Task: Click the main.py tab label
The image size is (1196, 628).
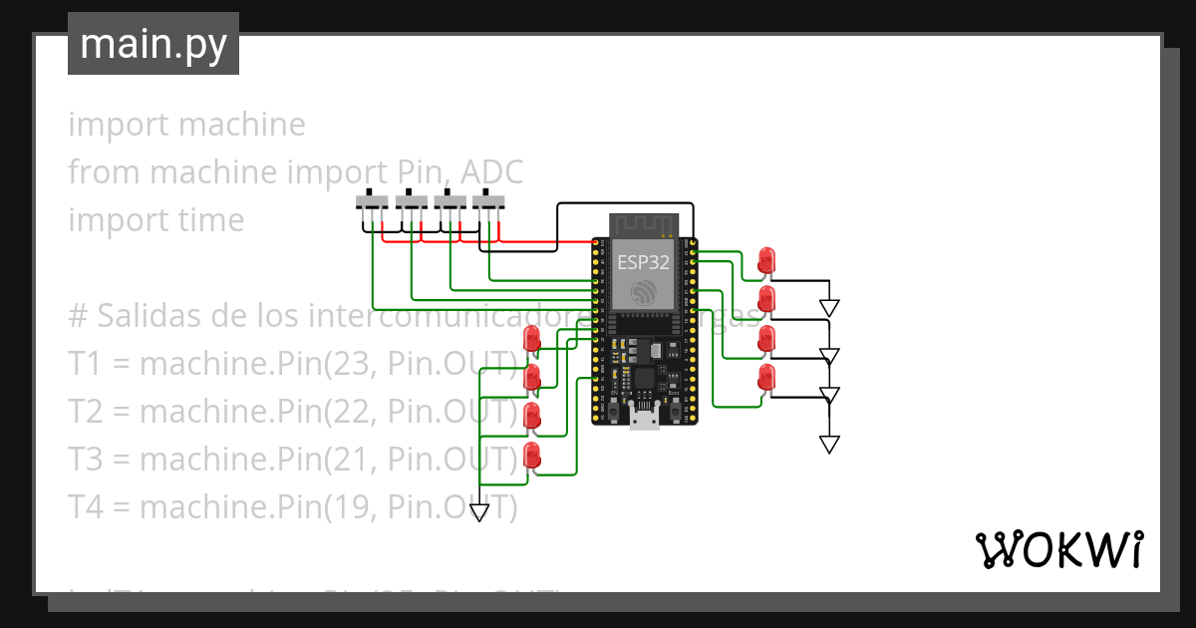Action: [x=153, y=44]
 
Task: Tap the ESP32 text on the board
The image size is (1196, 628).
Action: [x=643, y=262]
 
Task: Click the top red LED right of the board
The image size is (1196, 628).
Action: [x=765, y=260]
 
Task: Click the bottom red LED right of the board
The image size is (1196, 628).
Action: [x=765, y=378]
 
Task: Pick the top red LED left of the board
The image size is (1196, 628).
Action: [x=532, y=338]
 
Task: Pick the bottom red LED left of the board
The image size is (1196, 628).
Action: [x=532, y=457]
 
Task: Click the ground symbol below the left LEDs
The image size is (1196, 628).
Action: [x=479, y=512]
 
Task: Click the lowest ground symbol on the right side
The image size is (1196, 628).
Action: [x=829, y=444]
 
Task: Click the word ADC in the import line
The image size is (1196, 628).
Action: [x=491, y=172]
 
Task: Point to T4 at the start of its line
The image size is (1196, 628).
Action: [x=85, y=507]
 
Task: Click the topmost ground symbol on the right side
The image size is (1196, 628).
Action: [x=829, y=308]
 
